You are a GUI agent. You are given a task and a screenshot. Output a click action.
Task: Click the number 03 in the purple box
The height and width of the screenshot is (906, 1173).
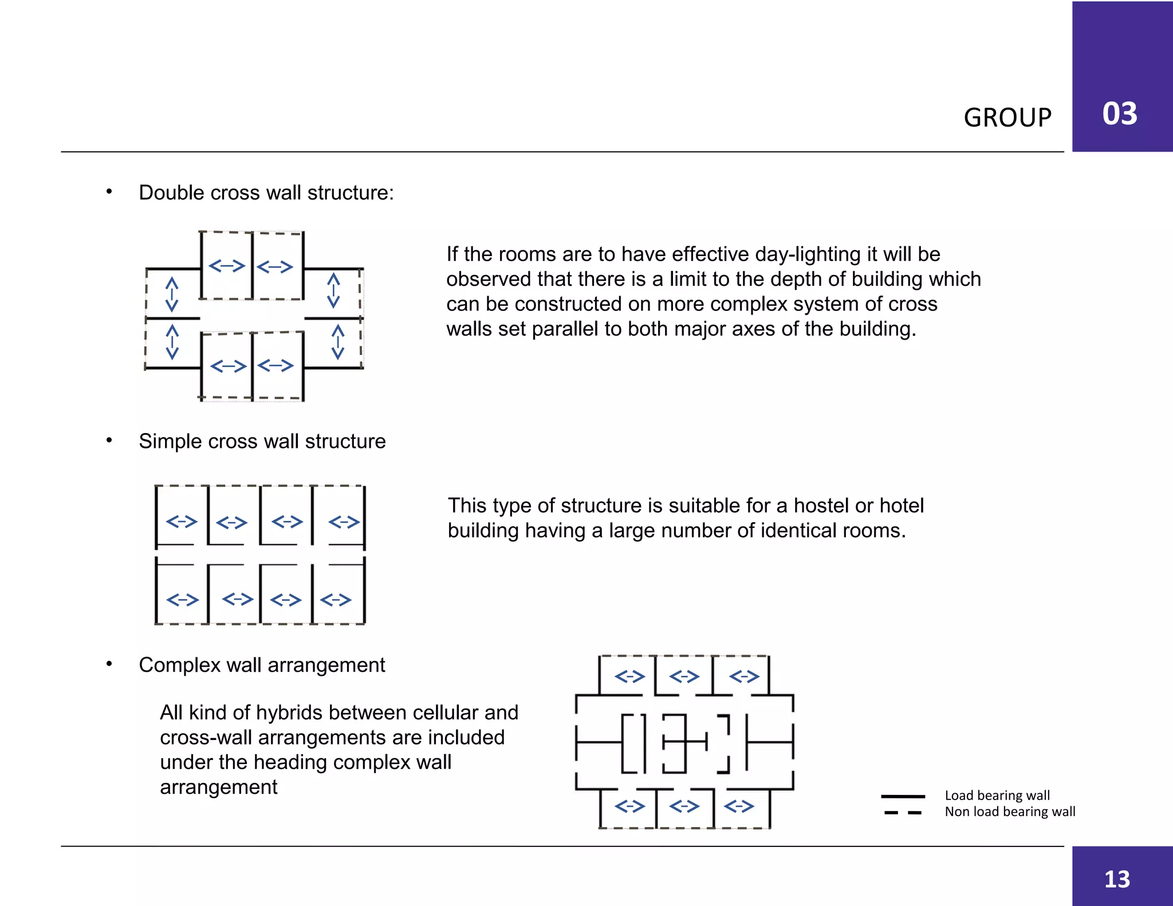1119,113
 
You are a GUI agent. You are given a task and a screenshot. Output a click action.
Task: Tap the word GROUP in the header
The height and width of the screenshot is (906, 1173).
1007,118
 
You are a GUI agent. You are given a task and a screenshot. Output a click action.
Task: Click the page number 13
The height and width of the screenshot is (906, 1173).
1117,879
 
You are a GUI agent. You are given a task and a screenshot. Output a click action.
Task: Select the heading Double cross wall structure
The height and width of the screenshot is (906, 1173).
266,193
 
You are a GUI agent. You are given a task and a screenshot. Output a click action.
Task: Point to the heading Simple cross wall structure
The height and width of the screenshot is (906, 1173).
262,442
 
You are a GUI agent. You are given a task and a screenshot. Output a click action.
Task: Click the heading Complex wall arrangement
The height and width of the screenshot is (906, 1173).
262,665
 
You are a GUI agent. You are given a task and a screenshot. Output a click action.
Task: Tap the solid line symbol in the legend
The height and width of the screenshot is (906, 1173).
903,796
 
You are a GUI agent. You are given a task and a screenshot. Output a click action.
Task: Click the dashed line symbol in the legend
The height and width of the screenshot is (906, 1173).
903,813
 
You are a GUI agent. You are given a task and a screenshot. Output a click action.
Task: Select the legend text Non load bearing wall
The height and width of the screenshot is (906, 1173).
1010,812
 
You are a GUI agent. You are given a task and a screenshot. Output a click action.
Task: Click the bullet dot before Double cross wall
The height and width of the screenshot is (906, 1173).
109,192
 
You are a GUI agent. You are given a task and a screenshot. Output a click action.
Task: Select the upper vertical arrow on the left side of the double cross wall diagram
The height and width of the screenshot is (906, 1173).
172,294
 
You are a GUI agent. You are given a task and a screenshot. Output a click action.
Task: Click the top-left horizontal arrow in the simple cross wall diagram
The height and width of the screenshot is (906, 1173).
182,522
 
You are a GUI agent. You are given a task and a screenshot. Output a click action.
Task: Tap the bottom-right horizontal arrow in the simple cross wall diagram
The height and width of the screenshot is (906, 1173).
336,600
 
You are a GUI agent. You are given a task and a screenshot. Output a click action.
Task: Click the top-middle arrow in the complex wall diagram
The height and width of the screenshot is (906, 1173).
684,677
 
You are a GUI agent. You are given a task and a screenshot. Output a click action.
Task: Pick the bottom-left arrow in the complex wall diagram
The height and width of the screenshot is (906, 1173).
629,806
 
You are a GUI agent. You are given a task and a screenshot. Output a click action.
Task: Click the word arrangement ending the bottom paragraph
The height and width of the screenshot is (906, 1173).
218,787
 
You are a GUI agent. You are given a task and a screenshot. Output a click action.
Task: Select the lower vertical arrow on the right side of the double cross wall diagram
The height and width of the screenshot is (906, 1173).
338,342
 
